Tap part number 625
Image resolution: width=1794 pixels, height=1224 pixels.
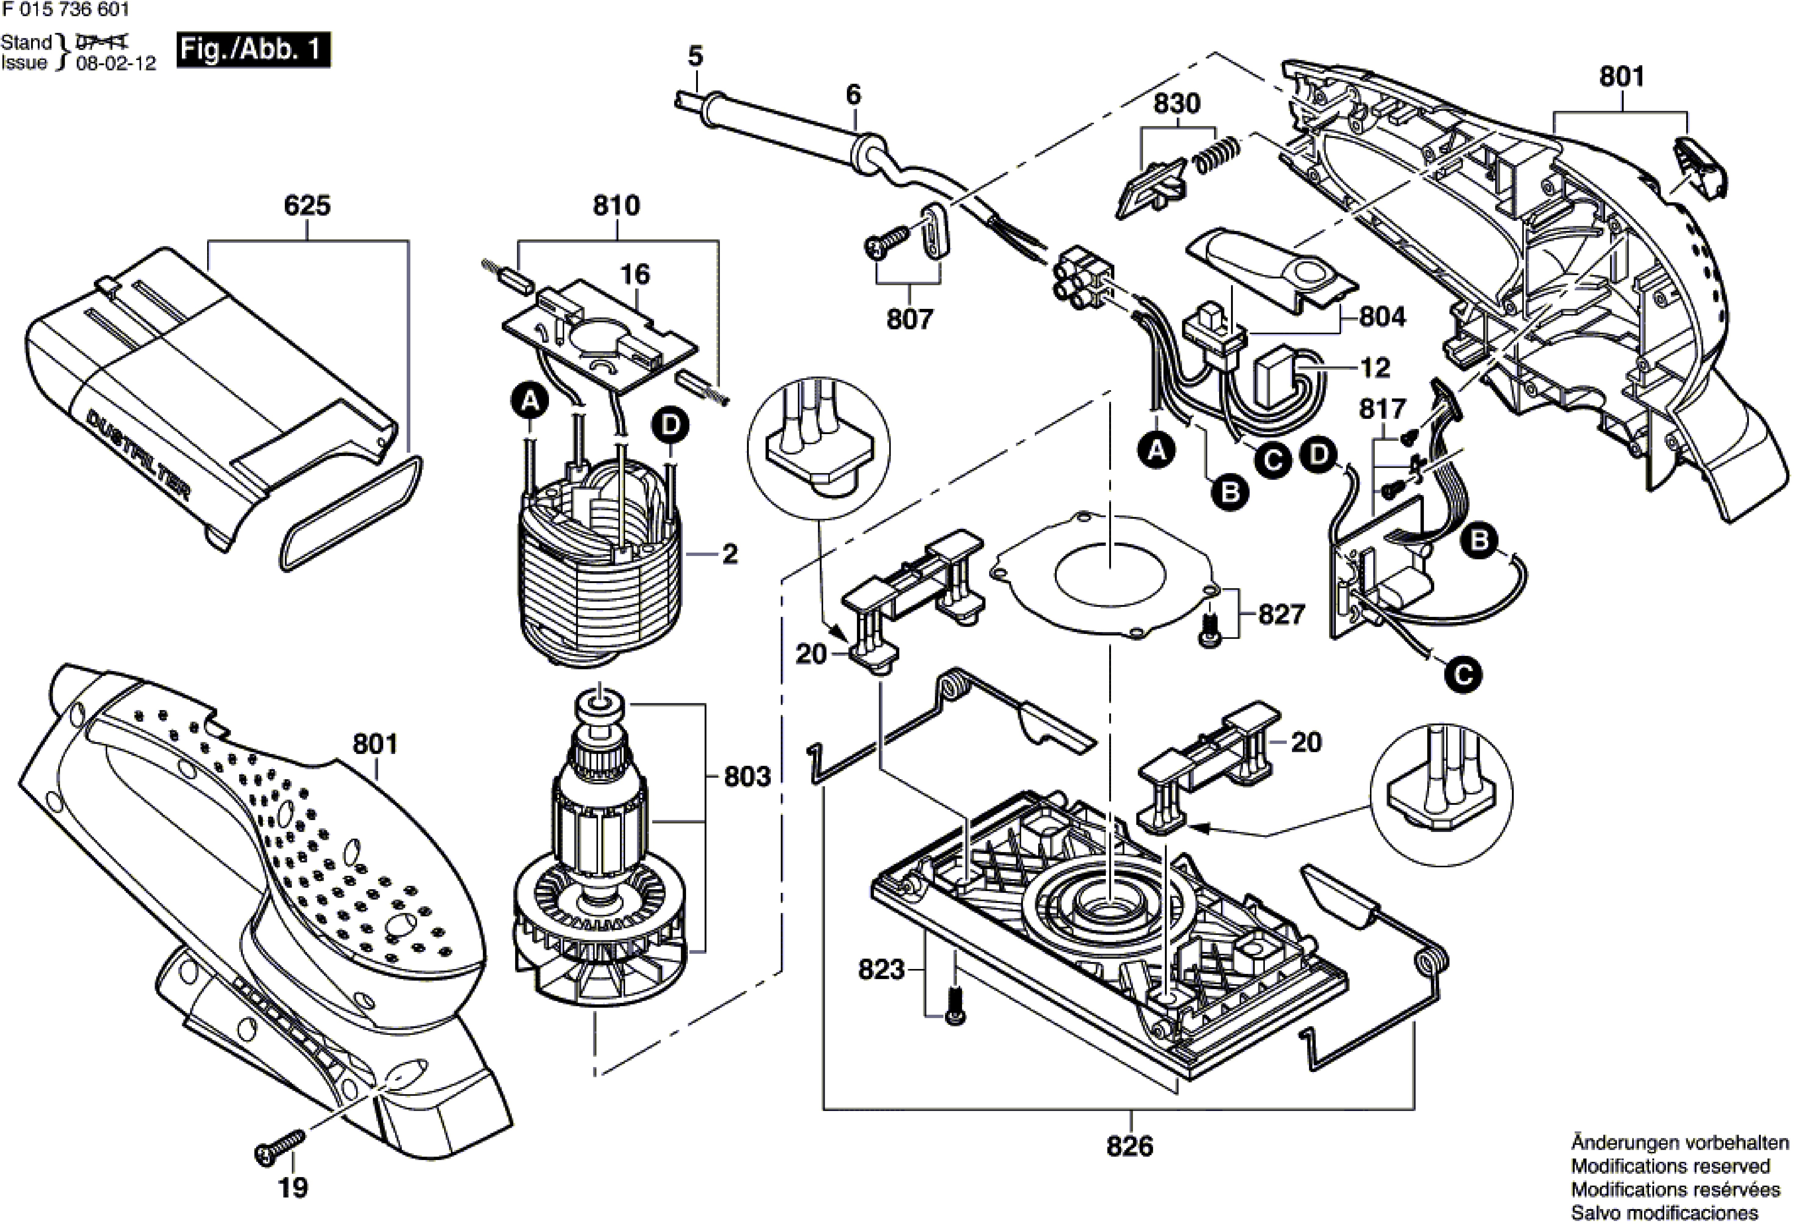coord(307,206)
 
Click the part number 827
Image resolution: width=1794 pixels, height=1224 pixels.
coord(1281,615)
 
